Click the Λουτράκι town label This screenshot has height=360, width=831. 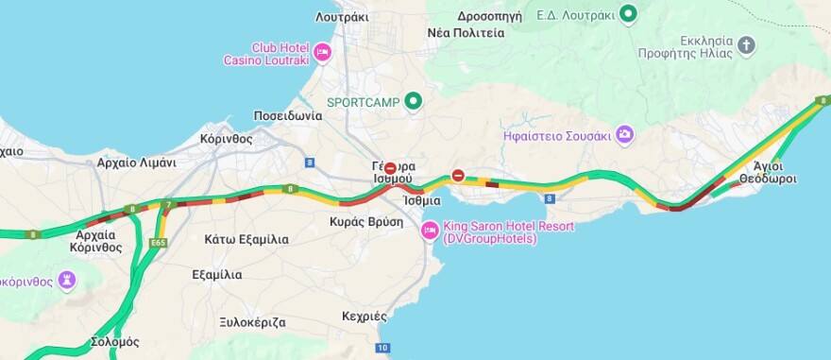[x=342, y=16]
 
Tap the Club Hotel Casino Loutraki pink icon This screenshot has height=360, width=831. [x=322, y=52]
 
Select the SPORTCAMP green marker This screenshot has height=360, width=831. [x=412, y=101]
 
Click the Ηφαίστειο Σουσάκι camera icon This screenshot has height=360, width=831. [x=624, y=135]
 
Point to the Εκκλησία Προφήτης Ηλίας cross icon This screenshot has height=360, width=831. [x=747, y=45]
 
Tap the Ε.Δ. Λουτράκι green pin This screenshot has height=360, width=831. [x=628, y=14]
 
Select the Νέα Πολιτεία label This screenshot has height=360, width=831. [x=466, y=32]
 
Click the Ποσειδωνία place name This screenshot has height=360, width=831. [x=288, y=115]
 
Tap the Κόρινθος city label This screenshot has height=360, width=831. [x=227, y=137]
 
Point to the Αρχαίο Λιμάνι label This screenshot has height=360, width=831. [x=136, y=163]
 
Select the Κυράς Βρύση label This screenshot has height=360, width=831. [x=366, y=222]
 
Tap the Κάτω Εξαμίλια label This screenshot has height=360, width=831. [x=246, y=239]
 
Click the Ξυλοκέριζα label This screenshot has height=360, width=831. [x=252, y=321]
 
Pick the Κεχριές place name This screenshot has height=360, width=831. [x=365, y=316]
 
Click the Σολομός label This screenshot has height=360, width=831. [x=115, y=341]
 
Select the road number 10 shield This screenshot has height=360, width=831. [x=382, y=349]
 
